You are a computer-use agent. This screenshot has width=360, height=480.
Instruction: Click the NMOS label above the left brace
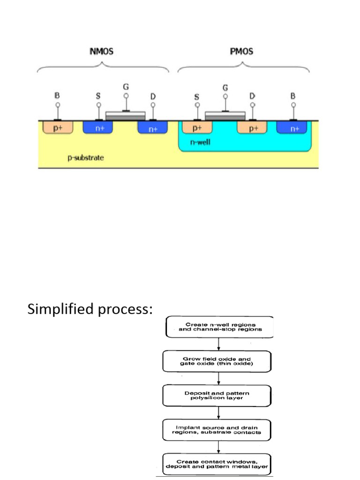[x=101, y=51]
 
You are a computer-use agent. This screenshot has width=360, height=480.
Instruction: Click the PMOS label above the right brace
[x=241, y=51]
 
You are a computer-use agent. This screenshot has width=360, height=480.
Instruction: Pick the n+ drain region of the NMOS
[x=153, y=128]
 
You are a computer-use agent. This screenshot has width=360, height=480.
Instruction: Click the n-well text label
[x=200, y=142]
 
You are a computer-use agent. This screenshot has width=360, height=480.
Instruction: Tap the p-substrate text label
[x=86, y=157]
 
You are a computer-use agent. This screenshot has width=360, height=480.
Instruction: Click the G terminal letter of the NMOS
[x=126, y=87]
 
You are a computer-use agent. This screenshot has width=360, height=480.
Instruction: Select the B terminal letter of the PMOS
[x=293, y=96]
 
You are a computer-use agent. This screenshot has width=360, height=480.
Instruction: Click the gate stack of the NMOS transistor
[x=126, y=115]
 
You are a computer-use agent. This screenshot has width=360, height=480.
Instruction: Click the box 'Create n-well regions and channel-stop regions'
[x=220, y=327]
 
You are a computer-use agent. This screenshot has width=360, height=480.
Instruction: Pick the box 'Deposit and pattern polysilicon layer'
[x=217, y=396]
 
